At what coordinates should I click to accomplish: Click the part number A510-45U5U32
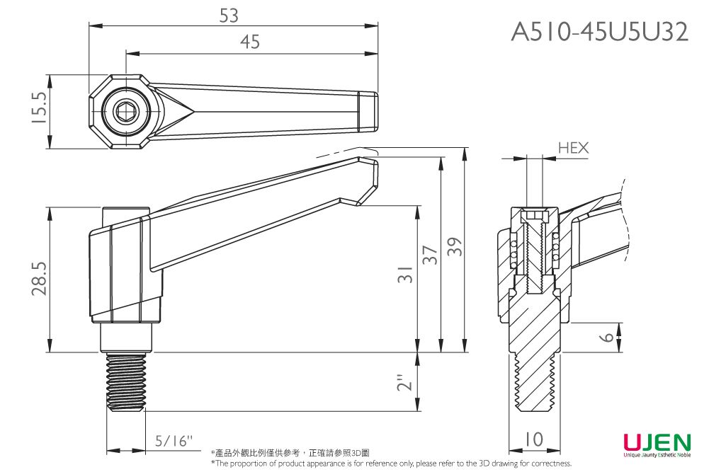coord(599,32)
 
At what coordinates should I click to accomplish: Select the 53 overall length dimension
coord(229,15)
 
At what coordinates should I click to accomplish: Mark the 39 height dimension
coord(455,248)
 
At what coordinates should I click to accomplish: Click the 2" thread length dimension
coord(404,383)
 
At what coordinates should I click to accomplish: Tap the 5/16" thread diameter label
coord(174,441)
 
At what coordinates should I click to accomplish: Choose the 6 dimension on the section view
coord(606,337)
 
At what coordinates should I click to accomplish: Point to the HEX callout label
coord(573,148)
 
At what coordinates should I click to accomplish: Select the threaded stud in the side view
coord(126,383)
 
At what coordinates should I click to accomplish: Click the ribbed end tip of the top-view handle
coord(368,110)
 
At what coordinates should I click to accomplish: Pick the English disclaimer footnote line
coord(391,464)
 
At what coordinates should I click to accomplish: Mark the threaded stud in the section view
coord(535,386)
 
